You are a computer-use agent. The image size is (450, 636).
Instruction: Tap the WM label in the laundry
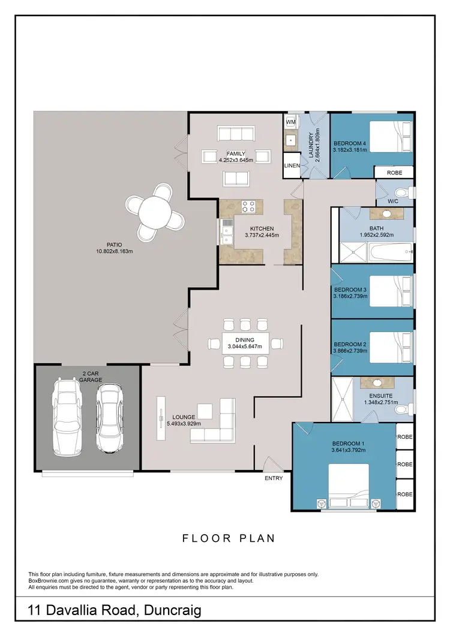(x=290, y=122)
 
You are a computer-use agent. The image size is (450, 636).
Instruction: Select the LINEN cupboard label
(x=292, y=165)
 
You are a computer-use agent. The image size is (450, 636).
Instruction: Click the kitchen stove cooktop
(x=249, y=207)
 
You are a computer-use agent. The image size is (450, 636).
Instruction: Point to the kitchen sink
(x=227, y=232)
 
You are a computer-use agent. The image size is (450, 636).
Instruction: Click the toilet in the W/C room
(x=408, y=192)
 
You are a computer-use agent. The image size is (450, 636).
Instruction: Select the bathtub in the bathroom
(x=388, y=252)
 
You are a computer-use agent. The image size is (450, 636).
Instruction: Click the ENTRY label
(x=274, y=478)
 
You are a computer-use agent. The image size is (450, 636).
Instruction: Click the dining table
(x=244, y=343)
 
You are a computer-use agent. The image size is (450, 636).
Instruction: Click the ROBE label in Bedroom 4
(x=394, y=172)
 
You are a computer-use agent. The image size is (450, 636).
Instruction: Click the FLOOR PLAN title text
(x=229, y=538)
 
